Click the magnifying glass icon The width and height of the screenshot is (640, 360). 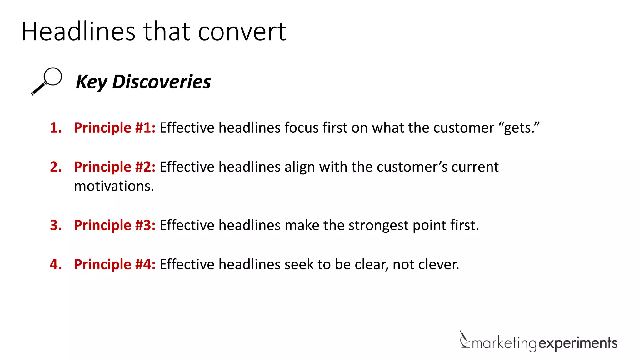tap(47, 81)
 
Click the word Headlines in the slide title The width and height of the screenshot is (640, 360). tap(78, 32)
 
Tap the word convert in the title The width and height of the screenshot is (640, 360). tap(242, 32)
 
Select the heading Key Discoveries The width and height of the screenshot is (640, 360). tap(143, 82)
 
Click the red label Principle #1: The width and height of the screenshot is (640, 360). tap(115, 127)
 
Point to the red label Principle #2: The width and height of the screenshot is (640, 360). tap(115, 167)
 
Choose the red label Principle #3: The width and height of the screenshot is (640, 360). tap(115, 225)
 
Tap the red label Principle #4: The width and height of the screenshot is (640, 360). tap(115, 264)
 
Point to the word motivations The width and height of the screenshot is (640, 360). tap(114, 186)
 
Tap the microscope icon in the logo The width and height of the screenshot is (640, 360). tap(464, 340)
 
